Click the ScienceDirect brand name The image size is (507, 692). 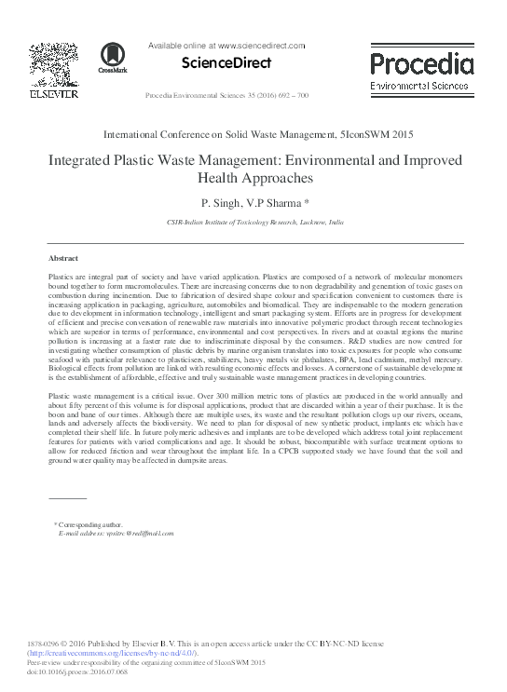[220, 63]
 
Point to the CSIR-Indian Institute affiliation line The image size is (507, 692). [254, 224]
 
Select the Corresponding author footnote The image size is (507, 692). [89, 527]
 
